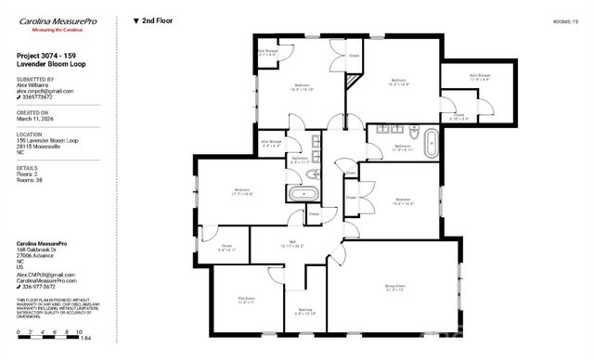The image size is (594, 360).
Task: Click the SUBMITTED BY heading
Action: (35, 79)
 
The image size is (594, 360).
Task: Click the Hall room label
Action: (291, 244)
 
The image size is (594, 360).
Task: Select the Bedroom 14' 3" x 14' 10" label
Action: (303, 87)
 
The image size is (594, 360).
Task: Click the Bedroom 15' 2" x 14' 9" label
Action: (400, 83)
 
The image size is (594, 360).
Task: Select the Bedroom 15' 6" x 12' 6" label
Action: (402, 201)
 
